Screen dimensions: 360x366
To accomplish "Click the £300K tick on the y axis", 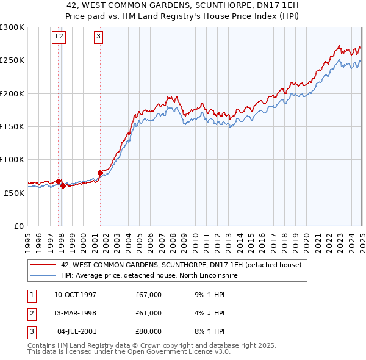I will pos(12,27).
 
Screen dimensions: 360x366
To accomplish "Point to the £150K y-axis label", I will pos(12,126).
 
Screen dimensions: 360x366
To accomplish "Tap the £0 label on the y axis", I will pos(18,226).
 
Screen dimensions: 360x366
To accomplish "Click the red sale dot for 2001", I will pos(100,173).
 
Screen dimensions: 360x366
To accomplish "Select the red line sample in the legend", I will pos(43,265).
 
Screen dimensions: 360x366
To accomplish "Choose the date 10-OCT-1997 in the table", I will pos(75,295).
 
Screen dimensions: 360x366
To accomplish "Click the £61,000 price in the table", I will pos(149,313).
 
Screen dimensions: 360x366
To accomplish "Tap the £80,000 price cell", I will pos(149,331).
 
